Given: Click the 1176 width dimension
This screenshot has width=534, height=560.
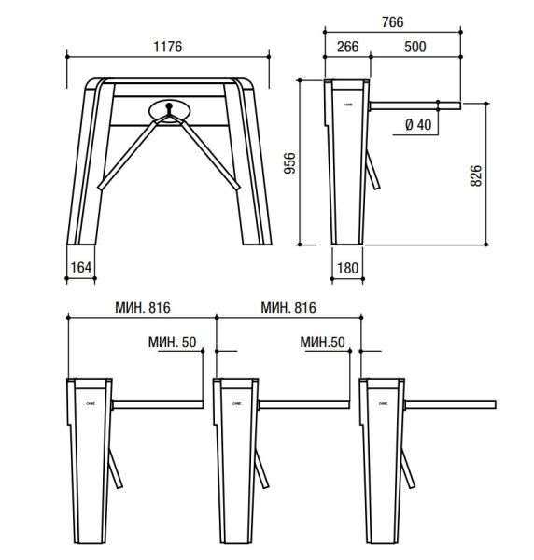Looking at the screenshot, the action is coord(167,47).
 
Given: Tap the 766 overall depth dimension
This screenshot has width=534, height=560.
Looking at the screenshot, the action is coord(392,22).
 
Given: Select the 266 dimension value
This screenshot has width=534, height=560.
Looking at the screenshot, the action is coord(347,47).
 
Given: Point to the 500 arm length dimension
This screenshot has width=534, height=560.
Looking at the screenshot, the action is coord(415,47).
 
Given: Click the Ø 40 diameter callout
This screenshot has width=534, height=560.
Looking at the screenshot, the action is coord(418,125).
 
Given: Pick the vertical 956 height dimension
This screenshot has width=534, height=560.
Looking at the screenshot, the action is coord(289,163).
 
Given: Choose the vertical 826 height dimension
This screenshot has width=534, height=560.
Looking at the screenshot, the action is coord(476,175).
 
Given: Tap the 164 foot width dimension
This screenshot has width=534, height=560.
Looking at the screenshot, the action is coord(81,267).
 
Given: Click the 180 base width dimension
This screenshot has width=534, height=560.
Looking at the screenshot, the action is coord(347,268).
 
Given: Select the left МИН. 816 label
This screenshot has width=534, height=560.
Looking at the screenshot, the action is coord(143,307).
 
